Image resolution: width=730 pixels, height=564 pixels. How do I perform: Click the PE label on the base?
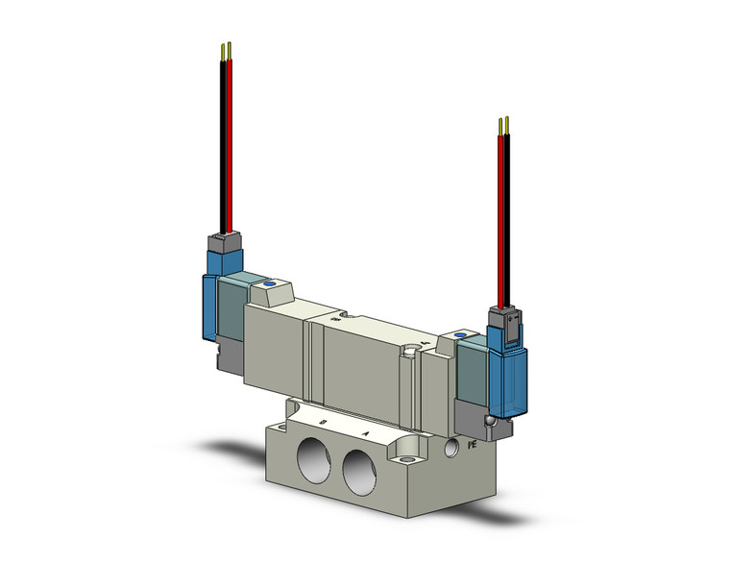coord(472,446)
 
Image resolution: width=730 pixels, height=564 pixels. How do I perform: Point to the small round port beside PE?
coord(448,447)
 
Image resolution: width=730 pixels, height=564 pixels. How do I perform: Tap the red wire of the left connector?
coord(231,144)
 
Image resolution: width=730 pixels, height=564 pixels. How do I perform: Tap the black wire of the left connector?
coord(224,144)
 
